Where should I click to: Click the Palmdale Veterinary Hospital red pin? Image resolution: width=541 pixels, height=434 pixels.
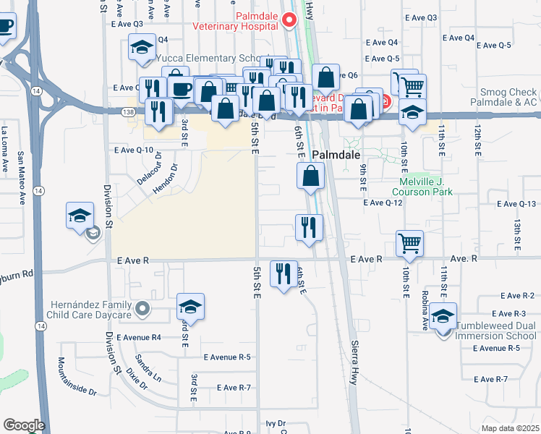tap(290, 20)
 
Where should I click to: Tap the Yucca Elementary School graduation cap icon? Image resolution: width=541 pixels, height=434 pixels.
tap(140, 48)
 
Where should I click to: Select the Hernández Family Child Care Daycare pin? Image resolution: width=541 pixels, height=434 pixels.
tap(142, 310)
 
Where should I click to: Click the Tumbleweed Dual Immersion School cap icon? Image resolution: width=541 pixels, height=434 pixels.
tap(443, 316)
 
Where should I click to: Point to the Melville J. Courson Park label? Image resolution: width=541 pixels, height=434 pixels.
tap(422, 187)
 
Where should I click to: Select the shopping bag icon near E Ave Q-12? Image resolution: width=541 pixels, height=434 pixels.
tap(310, 175)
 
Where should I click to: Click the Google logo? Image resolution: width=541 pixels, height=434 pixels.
tap(24, 425)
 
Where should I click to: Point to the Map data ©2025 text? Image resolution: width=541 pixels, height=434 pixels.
tap(510, 428)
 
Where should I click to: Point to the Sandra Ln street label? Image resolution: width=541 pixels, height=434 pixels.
tap(148, 367)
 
